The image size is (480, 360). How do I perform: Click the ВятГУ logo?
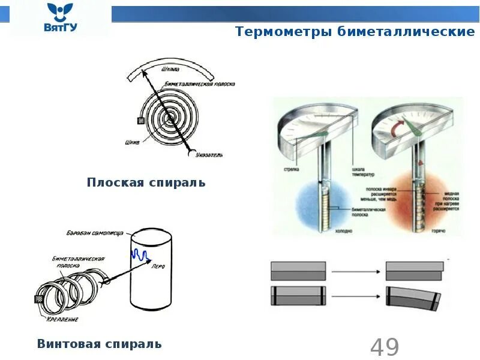click(60, 18)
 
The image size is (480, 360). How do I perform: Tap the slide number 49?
click(385, 347)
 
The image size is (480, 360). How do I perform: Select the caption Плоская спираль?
click(146, 182)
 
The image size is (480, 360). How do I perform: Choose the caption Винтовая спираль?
click(100, 344)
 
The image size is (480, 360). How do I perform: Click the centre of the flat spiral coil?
click(170, 117)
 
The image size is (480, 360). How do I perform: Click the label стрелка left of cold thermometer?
click(292, 169)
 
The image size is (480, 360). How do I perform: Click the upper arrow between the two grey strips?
click(356, 271)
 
